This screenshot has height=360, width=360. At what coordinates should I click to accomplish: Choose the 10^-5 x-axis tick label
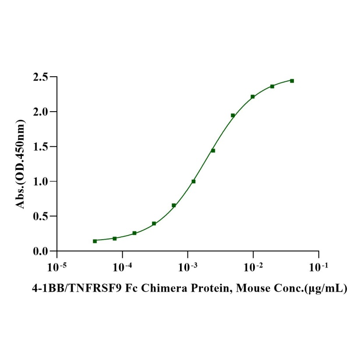pos(57,266)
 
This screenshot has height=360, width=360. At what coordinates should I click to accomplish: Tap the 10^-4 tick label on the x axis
pos(122,266)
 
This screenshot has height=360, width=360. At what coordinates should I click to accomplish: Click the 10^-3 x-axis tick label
pos(187,266)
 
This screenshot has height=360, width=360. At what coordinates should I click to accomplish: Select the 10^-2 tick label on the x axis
pos(253,266)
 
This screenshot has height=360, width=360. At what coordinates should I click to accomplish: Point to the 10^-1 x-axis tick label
pos(318,266)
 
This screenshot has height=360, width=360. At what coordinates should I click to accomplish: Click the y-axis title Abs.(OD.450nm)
pos(21,164)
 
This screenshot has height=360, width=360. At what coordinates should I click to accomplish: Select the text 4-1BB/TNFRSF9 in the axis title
pos(70,289)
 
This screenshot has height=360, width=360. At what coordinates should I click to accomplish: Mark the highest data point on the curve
pos(292,81)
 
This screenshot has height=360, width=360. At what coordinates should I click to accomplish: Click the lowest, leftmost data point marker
pos(95,241)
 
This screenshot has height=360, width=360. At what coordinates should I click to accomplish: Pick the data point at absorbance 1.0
pos(194,181)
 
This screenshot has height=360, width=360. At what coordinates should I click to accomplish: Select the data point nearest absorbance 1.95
pos(233,116)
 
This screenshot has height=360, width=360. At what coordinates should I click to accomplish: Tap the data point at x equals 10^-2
pos(253,96)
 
